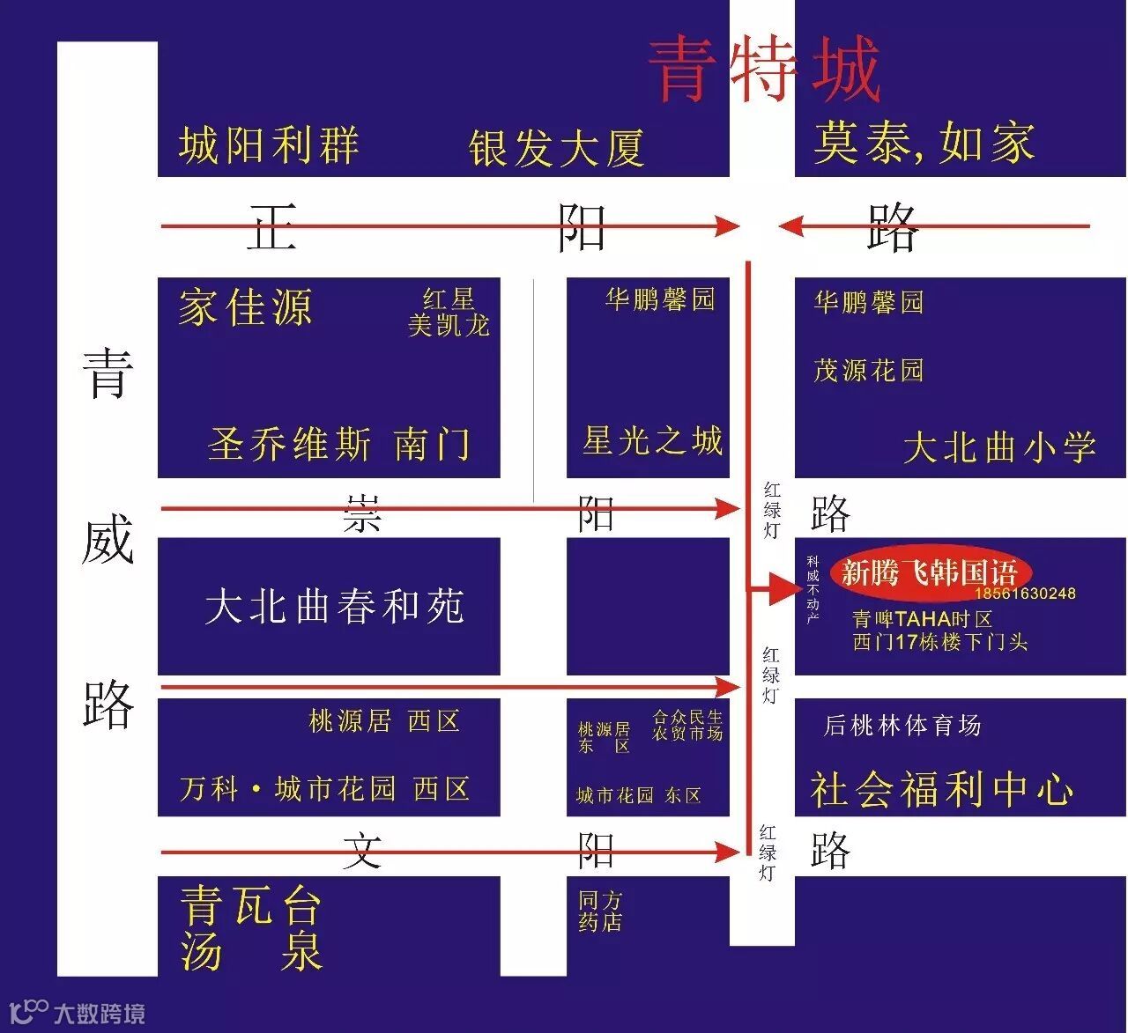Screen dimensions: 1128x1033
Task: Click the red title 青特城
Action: [764, 69]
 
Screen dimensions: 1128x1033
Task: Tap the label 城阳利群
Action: [269, 145]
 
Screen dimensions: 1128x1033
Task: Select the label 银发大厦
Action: [556, 148]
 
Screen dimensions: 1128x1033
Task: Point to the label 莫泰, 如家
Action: [924, 143]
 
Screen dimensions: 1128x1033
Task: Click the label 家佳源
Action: [245, 307]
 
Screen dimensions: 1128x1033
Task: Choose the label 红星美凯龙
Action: [449, 313]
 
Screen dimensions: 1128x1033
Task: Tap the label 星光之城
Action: [652, 440]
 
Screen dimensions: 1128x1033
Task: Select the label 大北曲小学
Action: [999, 447]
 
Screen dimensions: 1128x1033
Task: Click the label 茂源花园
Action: [868, 370]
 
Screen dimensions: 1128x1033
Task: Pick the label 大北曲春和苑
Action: [334, 607]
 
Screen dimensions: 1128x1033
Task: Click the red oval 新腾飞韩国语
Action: [929, 573]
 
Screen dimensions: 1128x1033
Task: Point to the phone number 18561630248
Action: [1025, 594]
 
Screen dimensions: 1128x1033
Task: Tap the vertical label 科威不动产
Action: [813, 589]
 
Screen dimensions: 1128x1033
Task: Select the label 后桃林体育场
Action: [902, 726]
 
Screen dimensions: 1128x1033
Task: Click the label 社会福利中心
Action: [941, 789]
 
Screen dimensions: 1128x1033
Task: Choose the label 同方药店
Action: [600, 911]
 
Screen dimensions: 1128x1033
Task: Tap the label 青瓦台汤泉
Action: [251, 928]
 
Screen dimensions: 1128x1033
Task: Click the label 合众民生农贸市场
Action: [687, 725]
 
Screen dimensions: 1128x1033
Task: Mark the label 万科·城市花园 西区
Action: [324, 788]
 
